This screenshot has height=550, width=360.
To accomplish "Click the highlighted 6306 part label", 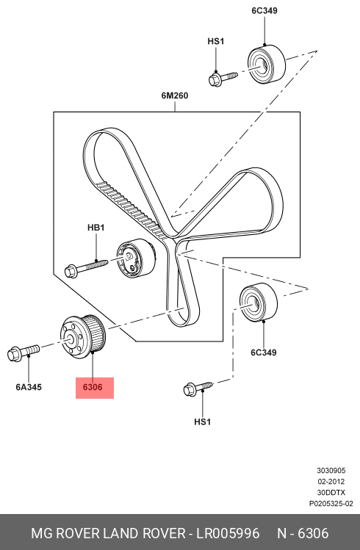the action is pyautogui.click(x=93, y=387).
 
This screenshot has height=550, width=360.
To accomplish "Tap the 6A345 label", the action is pyautogui.click(x=29, y=387).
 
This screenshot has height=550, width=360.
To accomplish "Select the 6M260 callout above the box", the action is pyautogui.click(x=175, y=95).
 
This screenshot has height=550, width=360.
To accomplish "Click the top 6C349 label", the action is pyautogui.click(x=264, y=11).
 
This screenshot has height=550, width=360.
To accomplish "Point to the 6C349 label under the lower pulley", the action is pyautogui.click(x=264, y=352).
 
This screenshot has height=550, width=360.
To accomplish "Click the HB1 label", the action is pyautogui.click(x=96, y=228).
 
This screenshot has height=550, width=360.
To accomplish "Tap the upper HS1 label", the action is pyautogui.click(x=216, y=41).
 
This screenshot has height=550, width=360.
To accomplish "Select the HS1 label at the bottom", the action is pyautogui.click(x=203, y=421).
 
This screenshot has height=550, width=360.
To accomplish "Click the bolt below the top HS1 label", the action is pyautogui.click(x=223, y=79).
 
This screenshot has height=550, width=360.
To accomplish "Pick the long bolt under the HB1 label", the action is pyautogui.click(x=86, y=267).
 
